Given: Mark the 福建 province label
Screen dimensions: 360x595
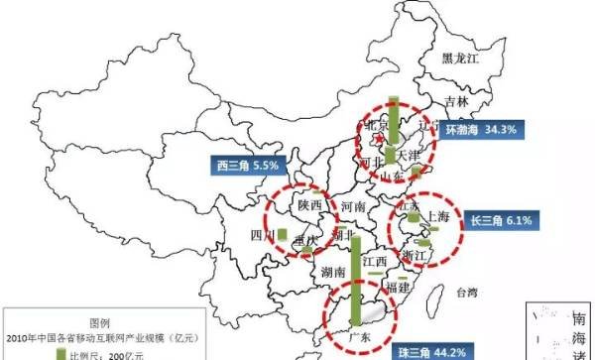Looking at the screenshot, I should (x=399, y=288).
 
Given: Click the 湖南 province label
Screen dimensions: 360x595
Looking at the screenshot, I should (x=333, y=272).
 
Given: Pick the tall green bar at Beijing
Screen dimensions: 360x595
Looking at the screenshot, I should (x=393, y=129).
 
